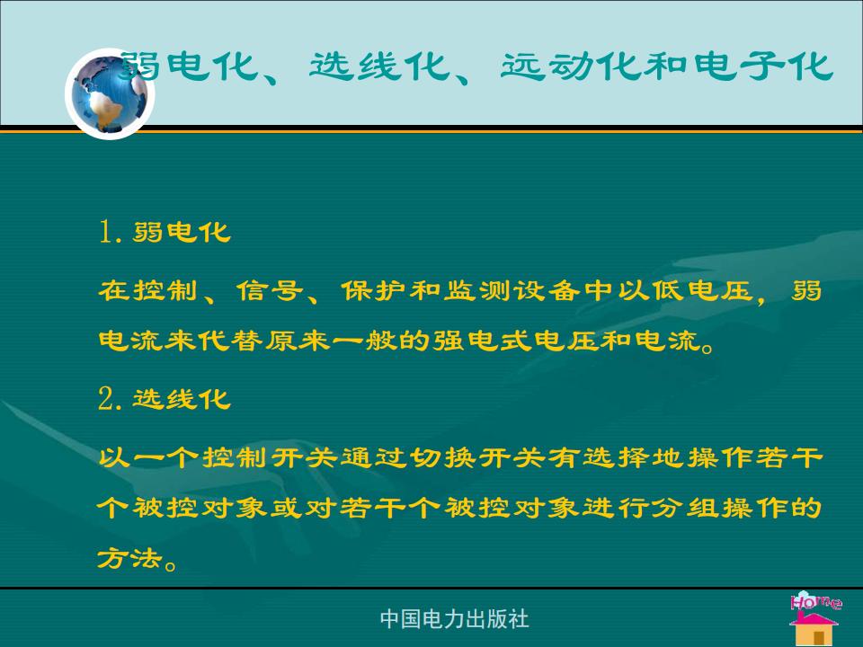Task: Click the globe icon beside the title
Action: (x=110, y=94)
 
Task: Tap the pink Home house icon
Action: (x=815, y=618)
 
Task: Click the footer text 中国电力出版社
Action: (x=455, y=619)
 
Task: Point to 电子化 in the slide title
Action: (x=763, y=66)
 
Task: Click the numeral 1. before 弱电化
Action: (x=110, y=232)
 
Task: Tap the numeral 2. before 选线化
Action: (x=110, y=399)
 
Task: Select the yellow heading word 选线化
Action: (x=182, y=399)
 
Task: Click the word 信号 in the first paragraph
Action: (x=270, y=290)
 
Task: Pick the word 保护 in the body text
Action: (x=374, y=290)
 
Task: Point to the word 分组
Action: (x=686, y=507)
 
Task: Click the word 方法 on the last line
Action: (x=130, y=558)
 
